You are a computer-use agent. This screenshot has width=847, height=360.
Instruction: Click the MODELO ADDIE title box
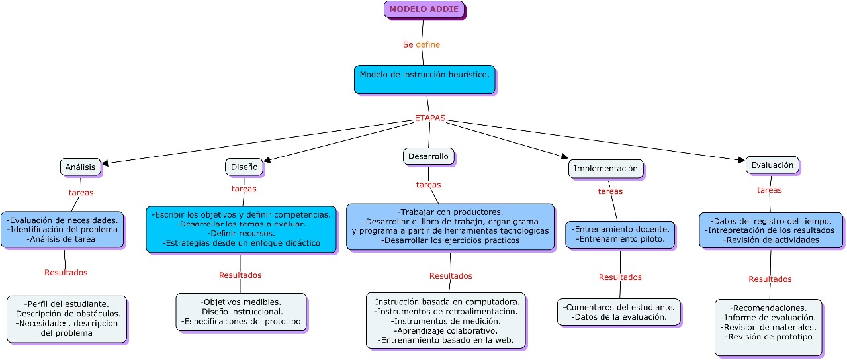[424, 9]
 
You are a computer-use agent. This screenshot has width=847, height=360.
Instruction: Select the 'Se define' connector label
[422, 44]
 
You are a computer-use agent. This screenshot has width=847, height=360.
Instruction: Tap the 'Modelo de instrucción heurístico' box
[425, 79]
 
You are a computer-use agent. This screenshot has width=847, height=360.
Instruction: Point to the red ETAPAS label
[430, 118]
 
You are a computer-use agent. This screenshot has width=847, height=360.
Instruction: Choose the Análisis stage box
[81, 167]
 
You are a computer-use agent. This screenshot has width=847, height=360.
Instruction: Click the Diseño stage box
[244, 167]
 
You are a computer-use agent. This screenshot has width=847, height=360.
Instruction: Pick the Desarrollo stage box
[428, 157]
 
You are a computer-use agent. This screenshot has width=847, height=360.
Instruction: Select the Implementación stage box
[605, 169]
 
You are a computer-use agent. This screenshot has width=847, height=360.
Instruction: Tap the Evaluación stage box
[772, 165]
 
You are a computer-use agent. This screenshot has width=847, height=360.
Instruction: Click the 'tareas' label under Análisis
[81, 193]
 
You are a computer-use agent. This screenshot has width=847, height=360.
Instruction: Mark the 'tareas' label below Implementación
[610, 191]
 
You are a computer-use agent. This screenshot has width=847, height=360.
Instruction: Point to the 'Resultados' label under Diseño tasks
[240, 275]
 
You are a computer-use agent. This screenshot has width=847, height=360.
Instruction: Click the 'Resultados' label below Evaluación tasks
[770, 279]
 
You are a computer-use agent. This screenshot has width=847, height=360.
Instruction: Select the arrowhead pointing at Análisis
[105, 163]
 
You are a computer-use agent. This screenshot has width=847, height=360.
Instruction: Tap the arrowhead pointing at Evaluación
[742, 159]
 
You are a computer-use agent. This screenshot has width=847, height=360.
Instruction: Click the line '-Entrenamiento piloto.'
[620, 239]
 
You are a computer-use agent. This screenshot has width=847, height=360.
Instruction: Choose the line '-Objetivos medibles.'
[241, 302]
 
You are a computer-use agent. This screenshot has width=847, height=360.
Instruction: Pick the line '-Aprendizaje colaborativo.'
[446, 330]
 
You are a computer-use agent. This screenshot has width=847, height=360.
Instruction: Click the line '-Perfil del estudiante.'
[67, 304]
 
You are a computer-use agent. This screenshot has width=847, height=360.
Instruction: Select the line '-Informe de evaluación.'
[768, 318]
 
